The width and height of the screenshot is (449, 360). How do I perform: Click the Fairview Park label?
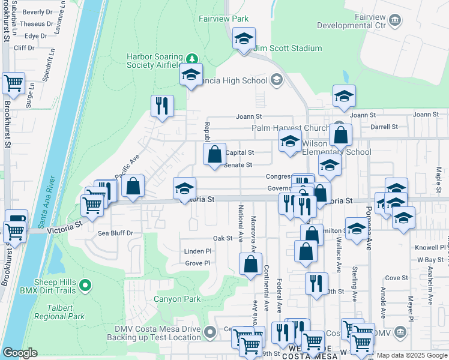pyautogui.click(x=223, y=19)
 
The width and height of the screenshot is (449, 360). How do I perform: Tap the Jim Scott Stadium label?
pyautogui.click(x=288, y=48)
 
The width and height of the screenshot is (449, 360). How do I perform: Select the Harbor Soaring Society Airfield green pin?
pyautogui.click(x=191, y=58)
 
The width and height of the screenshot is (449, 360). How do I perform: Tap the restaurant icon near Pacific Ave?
pyautogui.click(x=162, y=106)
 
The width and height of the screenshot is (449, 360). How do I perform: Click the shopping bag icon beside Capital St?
pyautogui.click(x=214, y=155)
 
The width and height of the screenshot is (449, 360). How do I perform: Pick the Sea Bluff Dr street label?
pyautogui.click(x=115, y=233)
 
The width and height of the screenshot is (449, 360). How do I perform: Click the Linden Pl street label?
pyautogui.click(x=198, y=251)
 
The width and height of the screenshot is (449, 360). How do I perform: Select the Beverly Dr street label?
pyautogui.click(x=38, y=12)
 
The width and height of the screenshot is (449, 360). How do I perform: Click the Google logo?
pyautogui.click(x=19, y=353)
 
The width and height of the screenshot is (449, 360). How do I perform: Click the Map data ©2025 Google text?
pyautogui.click(x=412, y=355)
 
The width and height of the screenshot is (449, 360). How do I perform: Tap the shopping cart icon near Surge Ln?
pyautogui.click(x=13, y=83)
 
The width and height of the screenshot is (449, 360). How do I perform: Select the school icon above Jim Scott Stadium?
pyautogui.click(x=244, y=39)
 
